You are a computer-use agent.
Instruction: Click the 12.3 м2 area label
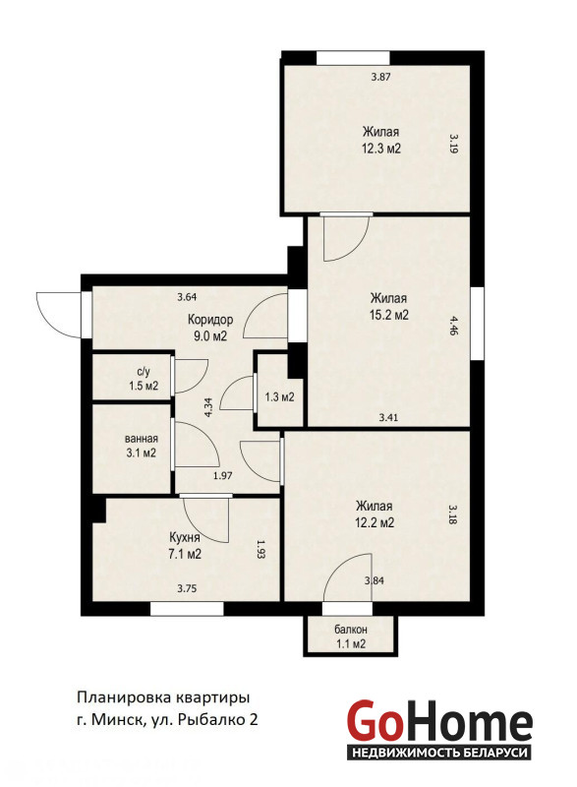tap(381, 150)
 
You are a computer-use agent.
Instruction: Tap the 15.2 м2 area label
tap(388, 315)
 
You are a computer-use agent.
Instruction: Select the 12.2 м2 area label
tap(375, 522)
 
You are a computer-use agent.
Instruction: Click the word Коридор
tap(210, 319)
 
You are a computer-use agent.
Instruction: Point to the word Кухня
tap(185, 538)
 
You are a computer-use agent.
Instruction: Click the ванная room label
tap(142, 439)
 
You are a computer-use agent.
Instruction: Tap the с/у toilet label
tap(144, 372)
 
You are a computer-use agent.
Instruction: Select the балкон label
tap(351, 630)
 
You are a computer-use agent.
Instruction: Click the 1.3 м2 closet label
tap(279, 397)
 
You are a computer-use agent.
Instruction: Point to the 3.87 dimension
tap(380, 78)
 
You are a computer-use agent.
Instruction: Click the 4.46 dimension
tap(453, 326)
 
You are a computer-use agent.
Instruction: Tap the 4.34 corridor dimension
tap(209, 407)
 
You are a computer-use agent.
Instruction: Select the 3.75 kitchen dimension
tap(187, 589)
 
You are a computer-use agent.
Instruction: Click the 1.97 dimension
tap(222, 476)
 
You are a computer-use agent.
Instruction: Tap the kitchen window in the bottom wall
tap(187, 609)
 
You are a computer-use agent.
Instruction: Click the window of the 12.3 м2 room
tap(353, 58)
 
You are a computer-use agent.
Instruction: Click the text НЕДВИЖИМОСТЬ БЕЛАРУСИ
tap(439, 753)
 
